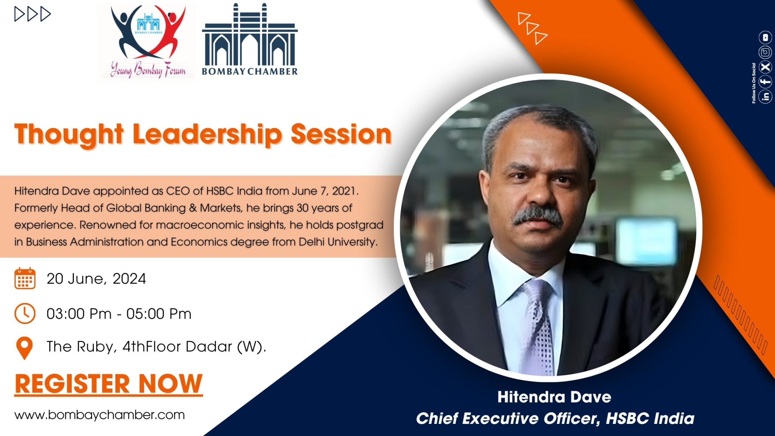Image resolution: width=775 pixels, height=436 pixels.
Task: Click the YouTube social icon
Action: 765,37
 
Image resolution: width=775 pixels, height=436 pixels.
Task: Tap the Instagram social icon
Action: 765,52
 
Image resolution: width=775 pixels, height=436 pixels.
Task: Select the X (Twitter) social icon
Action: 765,67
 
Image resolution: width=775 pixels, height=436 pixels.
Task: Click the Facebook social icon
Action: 765,82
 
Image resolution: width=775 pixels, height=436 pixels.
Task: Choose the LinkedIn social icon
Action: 765,97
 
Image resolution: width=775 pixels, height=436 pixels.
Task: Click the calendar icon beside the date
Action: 25,279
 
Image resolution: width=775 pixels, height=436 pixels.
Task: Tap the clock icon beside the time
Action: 25,313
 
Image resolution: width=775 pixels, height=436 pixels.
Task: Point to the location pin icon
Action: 25,348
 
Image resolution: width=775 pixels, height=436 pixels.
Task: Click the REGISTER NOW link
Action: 109,384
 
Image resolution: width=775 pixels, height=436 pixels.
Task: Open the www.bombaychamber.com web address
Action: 100,415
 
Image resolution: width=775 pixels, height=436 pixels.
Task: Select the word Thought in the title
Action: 69,135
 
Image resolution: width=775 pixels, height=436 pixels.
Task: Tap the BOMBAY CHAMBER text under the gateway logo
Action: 250,71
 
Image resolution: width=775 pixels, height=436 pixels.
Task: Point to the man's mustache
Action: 537,216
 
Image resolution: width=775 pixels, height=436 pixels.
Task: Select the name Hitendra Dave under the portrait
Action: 554,397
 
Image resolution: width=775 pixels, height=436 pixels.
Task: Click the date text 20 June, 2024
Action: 96,279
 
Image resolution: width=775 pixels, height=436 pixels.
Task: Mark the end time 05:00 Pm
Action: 159,314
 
